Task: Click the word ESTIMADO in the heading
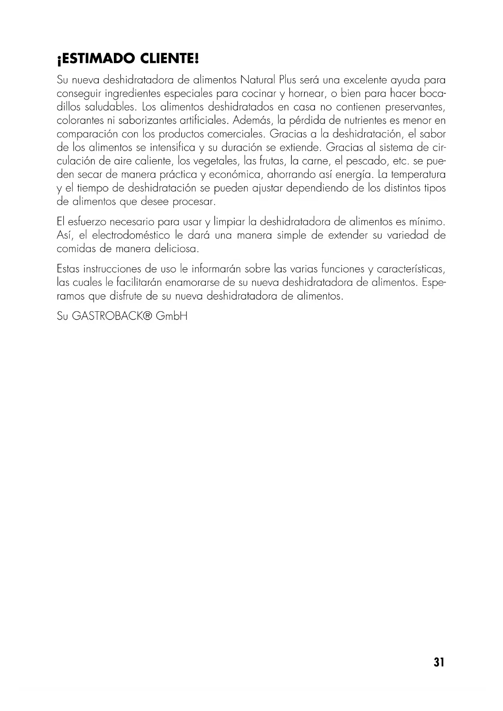pyautogui.click(x=96, y=60)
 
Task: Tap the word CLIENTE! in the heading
pyautogui.click(x=170, y=60)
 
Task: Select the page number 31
pyautogui.click(x=439, y=662)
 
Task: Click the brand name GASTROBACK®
pyautogui.click(x=111, y=316)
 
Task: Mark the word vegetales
pyautogui.click(x=215, y=161)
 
